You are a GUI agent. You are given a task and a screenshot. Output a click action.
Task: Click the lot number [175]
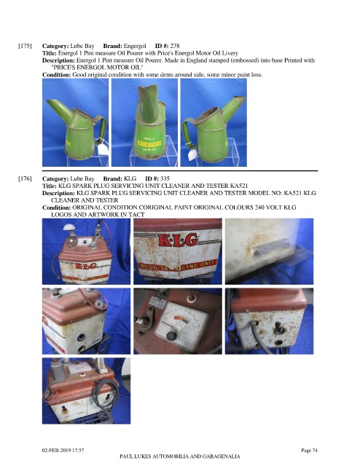[x=25, y=46]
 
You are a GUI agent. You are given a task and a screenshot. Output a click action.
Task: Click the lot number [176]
[x=25, y=178]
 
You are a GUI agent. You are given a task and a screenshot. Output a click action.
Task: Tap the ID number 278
[x=175, y=46]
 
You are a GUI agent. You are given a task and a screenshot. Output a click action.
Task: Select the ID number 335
[x=165, y=178]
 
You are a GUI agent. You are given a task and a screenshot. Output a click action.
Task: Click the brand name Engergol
[x=135, y=46]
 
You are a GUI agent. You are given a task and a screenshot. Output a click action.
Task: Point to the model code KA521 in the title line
[x=239, y=186]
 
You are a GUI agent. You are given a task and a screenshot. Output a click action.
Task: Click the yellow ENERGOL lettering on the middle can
[x=149, y=143]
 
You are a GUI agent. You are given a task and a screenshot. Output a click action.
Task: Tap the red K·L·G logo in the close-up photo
[x=178, y=240]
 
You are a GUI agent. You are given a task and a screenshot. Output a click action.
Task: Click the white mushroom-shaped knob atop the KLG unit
[x=69, y=228]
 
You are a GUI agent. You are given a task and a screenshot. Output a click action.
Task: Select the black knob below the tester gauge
[x=171, y=336]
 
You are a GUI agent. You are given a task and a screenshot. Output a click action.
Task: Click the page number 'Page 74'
[x=309, y=450]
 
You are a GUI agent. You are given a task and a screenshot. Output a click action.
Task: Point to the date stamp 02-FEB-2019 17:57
[x=63, y=450]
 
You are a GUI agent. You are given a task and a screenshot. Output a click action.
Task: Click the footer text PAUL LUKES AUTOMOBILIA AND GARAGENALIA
[x=180, y=457]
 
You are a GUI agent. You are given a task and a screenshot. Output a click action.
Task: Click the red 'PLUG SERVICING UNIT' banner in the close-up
[x=177, y=265]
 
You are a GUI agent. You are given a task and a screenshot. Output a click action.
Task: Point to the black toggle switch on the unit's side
[x=278, y=328]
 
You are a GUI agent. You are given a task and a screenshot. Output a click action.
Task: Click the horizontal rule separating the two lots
[x=180, y=171]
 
